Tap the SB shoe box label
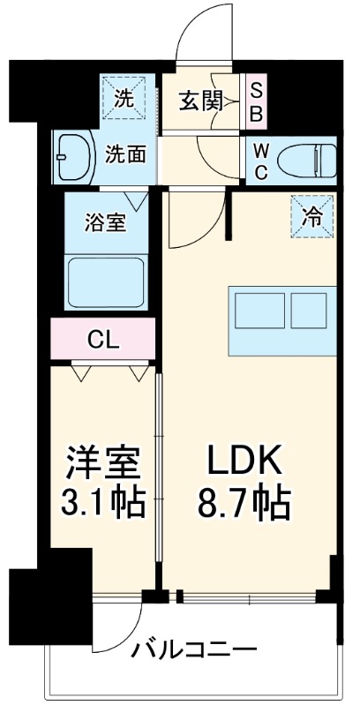256,101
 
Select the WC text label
262,161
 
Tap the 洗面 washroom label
125,155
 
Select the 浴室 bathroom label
105,221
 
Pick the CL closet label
103,338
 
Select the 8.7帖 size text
244,505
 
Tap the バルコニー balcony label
195,651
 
